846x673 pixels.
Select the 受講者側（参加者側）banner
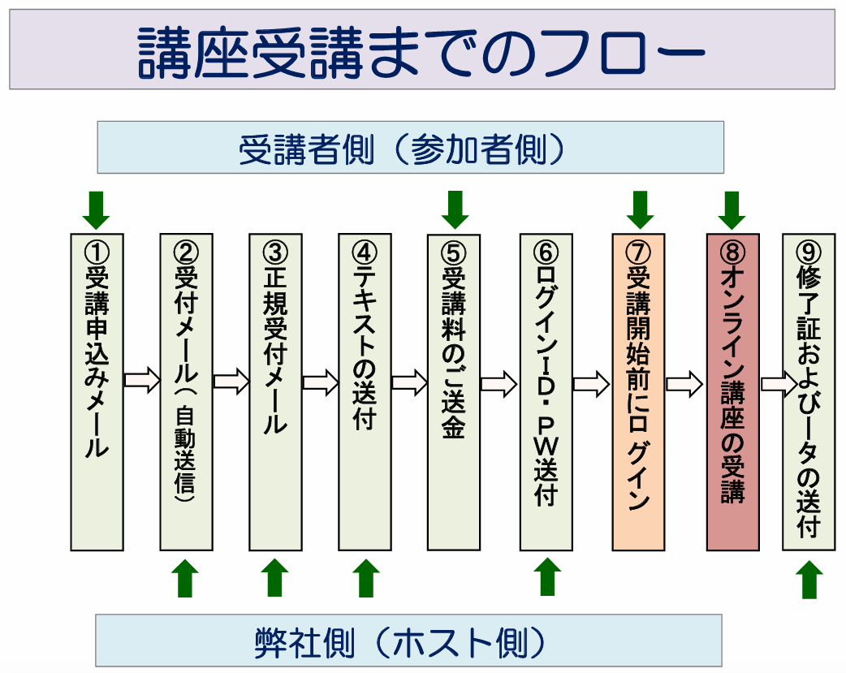click(410, 148)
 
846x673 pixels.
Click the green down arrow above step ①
click(96, 209)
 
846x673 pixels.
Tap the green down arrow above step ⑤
click(455, 209)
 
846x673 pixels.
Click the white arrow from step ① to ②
click(142, 381)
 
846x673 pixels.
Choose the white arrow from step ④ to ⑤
click(409, 381)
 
